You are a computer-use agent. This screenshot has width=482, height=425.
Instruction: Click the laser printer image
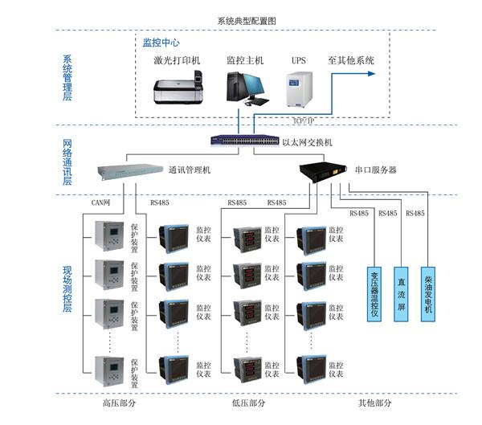[x=178, y=88]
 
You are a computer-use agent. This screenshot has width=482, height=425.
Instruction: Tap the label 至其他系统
[x=351, y=60]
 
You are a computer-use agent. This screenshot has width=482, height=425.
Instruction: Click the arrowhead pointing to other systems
[x=371, y=73]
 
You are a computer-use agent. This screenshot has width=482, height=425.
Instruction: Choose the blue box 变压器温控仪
[x=374, y=292]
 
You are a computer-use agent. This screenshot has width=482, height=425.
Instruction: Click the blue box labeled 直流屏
[x=401, y=292]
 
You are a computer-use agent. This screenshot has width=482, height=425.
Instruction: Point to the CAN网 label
[x=101, y=203]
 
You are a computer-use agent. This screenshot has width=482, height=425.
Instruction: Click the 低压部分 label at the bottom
[x=249, y=403]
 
